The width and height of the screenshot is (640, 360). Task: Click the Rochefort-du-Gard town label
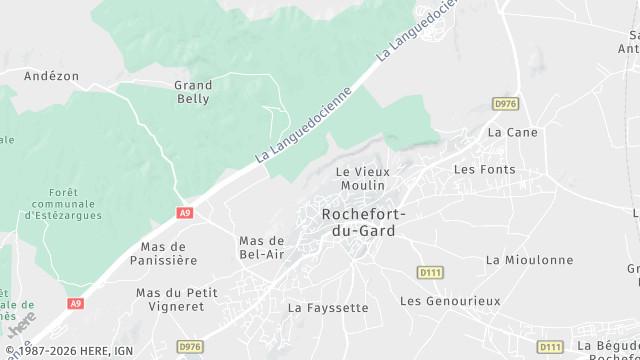358,222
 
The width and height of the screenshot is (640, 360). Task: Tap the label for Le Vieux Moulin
362,179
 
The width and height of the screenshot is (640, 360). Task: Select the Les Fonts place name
485,169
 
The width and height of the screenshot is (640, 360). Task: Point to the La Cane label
512,132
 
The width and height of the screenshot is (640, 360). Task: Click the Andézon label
51,75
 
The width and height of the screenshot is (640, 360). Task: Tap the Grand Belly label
192,92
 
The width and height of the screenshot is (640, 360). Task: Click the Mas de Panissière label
169,253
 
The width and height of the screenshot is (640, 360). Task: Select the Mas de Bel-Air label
263,247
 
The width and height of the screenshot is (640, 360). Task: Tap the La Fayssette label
328,308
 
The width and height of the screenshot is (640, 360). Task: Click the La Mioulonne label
530,260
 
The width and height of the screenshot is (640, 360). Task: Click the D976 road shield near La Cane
506,102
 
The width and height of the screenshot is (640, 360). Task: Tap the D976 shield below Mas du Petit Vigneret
190,346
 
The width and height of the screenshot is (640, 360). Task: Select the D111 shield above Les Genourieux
431,272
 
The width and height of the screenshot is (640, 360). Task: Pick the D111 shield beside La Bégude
550,346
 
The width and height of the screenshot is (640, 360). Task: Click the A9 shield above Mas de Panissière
184,213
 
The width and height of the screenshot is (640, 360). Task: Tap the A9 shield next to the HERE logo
76,304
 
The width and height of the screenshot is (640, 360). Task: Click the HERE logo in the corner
21,326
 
